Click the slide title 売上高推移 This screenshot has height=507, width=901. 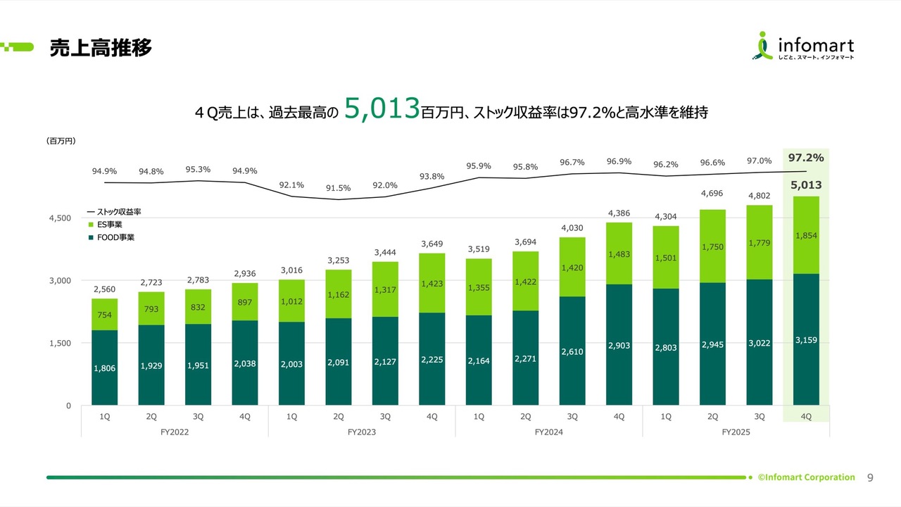click(101, 48)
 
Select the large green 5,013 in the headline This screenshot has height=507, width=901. click(382, 110)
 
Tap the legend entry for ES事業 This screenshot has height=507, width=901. click(110, 224)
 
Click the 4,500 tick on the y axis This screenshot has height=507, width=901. click(59, 218)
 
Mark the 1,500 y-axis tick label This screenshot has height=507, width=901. click(59, 344)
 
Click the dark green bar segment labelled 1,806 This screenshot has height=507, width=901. click(104, 368)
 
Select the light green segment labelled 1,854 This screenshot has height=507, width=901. click(806, 235)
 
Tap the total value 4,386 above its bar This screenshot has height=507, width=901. click(619, 212)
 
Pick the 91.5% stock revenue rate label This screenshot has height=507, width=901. click(338, 188)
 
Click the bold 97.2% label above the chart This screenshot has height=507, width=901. click(806, 158)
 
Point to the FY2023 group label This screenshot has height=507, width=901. click(361, 432)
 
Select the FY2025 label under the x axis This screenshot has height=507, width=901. click(736, 432)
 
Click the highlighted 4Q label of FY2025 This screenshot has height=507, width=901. click(806, 416)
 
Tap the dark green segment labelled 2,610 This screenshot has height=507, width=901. click(572, 351)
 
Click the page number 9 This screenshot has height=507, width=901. click(870, 477)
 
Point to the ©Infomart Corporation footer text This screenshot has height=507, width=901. click(807, 477)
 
